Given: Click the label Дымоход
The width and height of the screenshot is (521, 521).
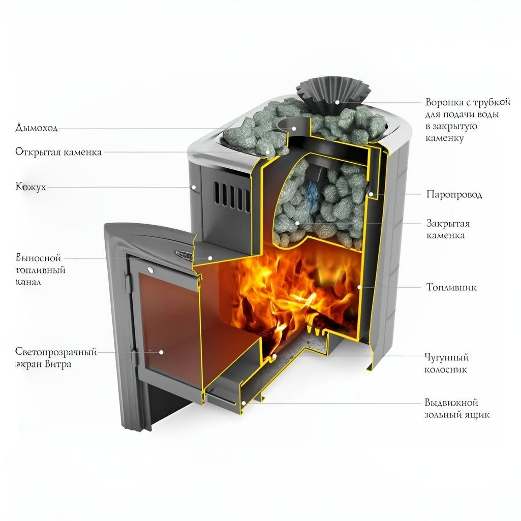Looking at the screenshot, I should click(x=37, y=128).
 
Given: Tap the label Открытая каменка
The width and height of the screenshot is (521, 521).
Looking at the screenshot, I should click(x=58, y=152).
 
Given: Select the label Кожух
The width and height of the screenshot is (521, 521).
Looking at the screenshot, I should click(x=30, y=187).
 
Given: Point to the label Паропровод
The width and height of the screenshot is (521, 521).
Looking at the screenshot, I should click(x=454, y=195).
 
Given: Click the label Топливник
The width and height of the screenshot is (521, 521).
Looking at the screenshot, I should click(x=451, y=287).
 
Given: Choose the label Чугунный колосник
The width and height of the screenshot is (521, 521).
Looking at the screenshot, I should click(x=446, y=363).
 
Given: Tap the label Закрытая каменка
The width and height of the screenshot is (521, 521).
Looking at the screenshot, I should click(x=448, y=229).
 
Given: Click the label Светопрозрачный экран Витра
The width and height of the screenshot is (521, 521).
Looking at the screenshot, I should click(x=56, y=358).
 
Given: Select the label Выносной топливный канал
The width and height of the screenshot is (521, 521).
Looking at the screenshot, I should click(x=41, y=269).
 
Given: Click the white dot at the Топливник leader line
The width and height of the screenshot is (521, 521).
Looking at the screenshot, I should click(x=360, y=287).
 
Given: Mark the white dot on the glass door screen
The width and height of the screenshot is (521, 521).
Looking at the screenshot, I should click(x=161, y=351).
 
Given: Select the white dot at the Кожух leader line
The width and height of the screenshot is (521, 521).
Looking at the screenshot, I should click(x=194, y=187).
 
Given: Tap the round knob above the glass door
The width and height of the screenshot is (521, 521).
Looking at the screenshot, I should click(x=150, y=268).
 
